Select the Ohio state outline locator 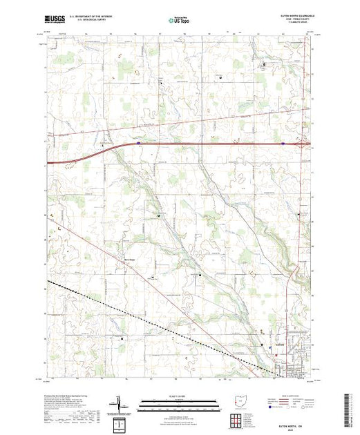(x=238, y=402)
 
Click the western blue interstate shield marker (x=138, y=144)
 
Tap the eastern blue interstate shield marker (x=283, y=144)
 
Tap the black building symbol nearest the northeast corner (x=263, y=65)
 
